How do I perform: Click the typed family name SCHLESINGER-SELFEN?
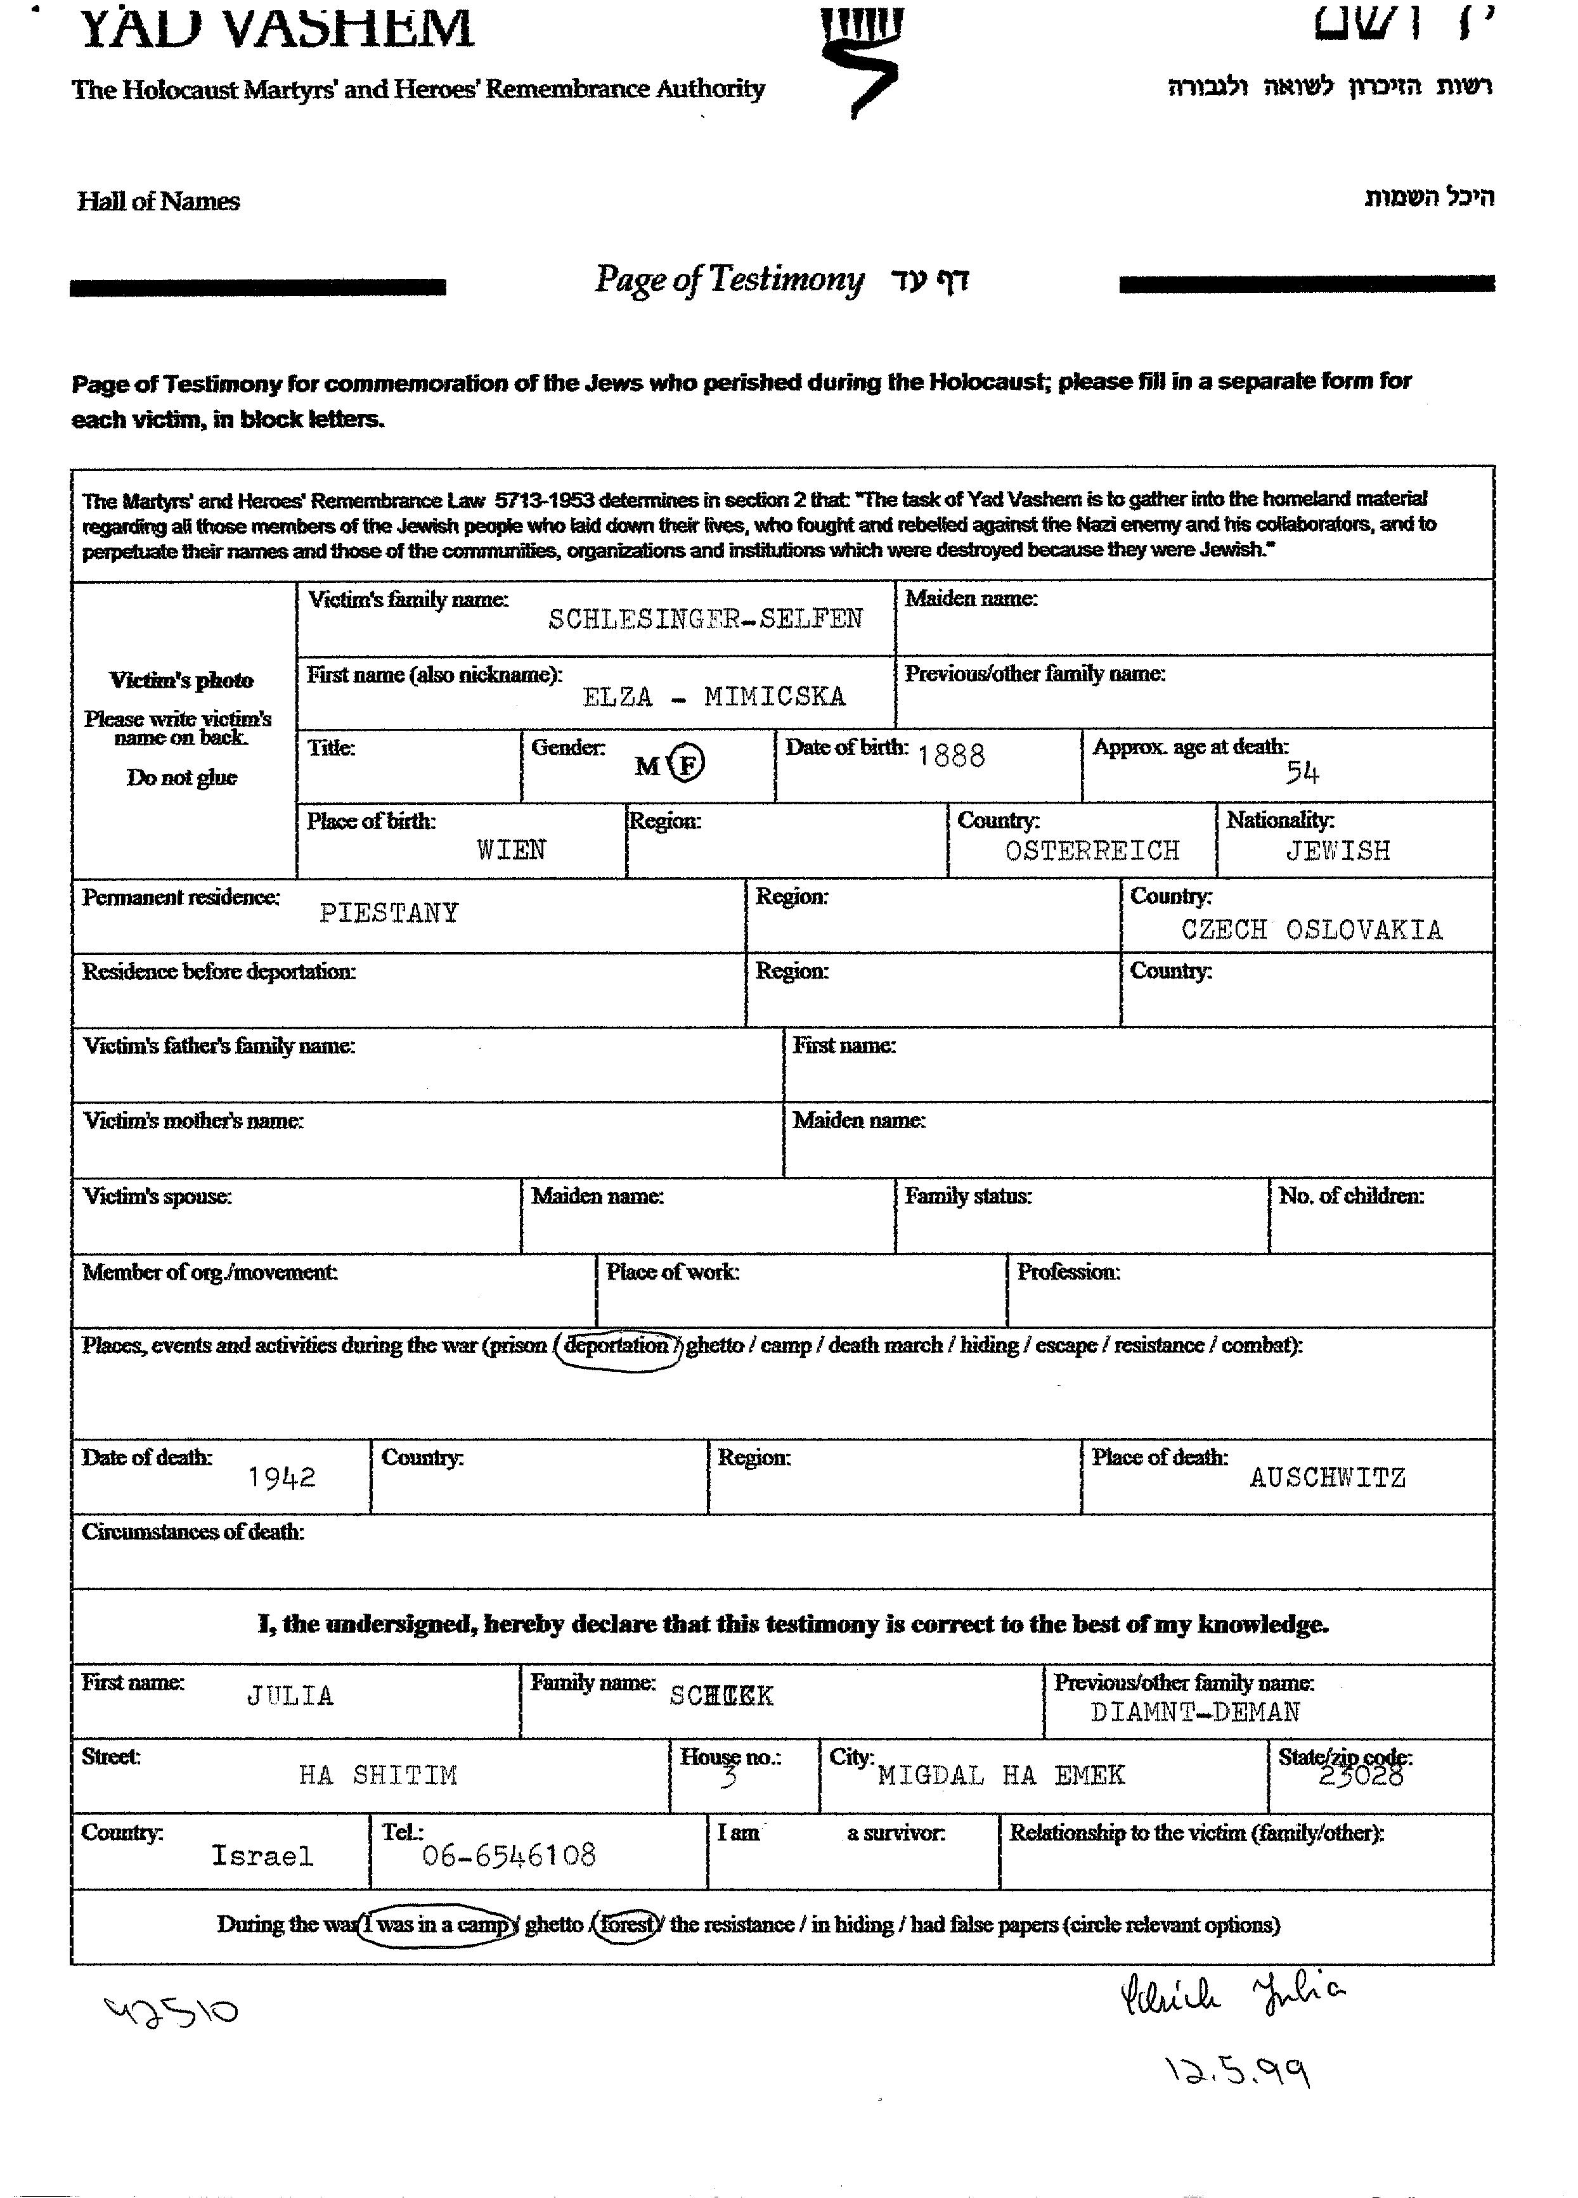pyautogui.click(x=704, y=619)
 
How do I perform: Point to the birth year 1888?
pyautogui.click(x=951, y=756)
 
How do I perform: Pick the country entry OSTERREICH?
pyautogui.click(x=1092, y=851)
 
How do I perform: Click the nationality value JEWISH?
pyautogui.click(x=1338, y=851)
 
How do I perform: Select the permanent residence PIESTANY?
pyautogui.click(x=389, y=913)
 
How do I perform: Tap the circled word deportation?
pyautogui.click(x=616, y=1346)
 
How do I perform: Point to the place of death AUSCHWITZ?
pyautogui.click(x=1327, y=1478)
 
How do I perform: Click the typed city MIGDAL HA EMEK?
pyautogui.click(x=1001, y=1775)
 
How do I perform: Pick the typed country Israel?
pyautogui.click(x=262, y=1856)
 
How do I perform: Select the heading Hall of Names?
pyautogui.click(x=158, y=202)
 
